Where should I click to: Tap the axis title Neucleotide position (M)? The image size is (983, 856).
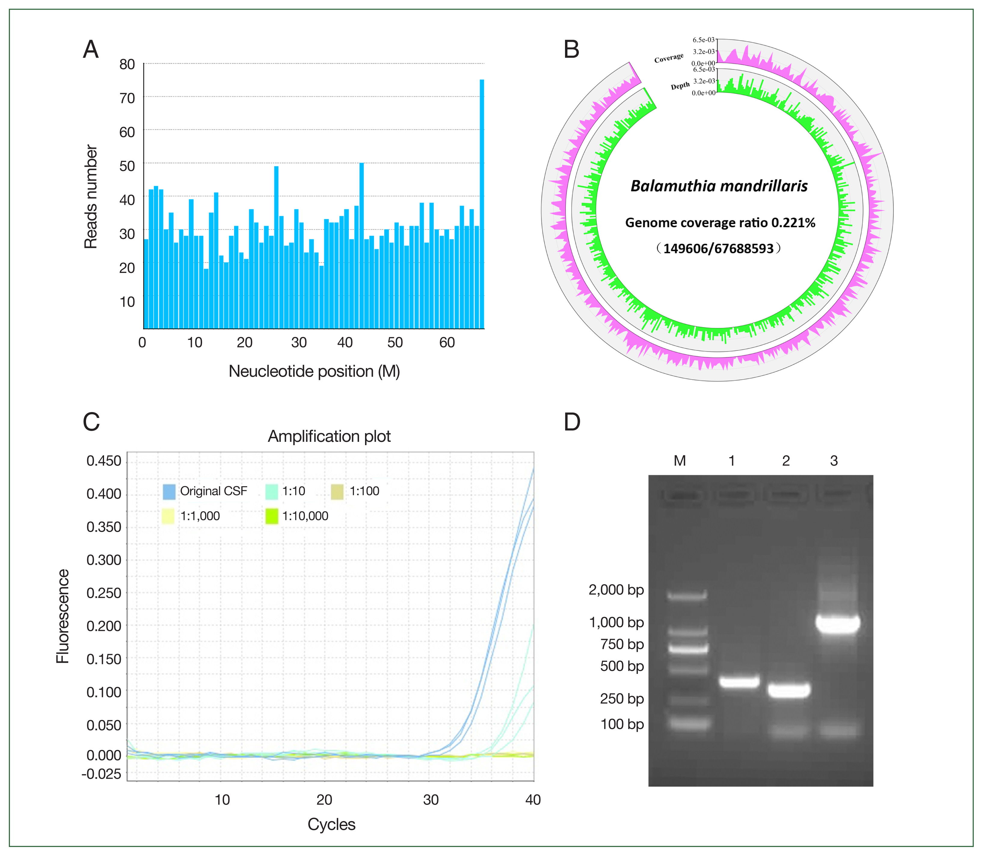point(314,371)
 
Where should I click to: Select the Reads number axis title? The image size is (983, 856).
point(91,197)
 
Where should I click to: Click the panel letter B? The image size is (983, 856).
point(572,49)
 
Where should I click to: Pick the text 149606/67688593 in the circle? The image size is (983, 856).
point(718,248)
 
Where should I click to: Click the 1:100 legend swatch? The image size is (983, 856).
point(337,491)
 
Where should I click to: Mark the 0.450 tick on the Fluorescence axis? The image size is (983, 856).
point(104,461)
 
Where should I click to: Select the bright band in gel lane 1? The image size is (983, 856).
point(739,681)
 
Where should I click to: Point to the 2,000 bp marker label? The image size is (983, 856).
point(616,590)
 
